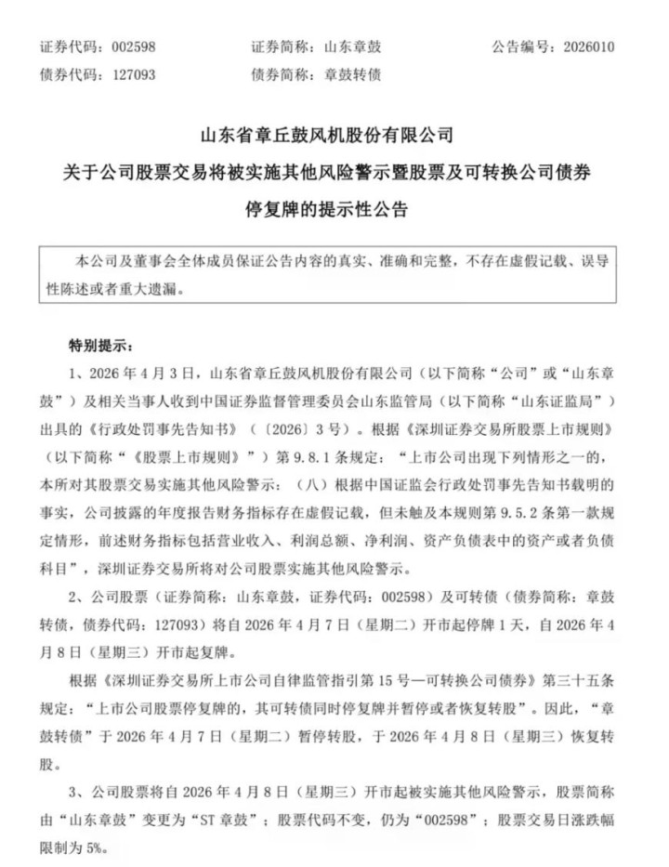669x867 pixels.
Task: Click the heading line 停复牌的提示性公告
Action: [x=334, y=205]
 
